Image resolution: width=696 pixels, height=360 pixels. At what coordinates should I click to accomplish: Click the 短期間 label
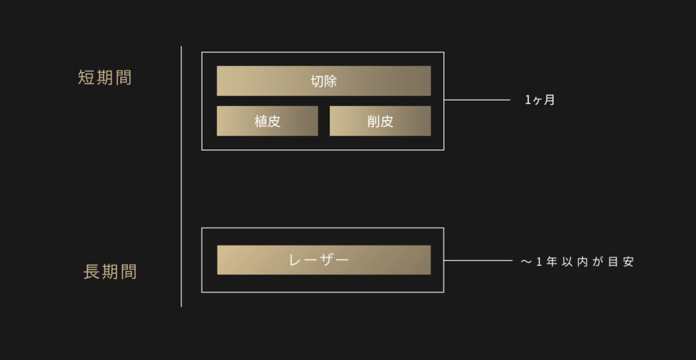coord(105,77)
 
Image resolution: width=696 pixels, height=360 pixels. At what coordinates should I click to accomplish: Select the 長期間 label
coord(110,272)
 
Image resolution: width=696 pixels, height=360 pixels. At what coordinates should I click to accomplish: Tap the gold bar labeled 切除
coord(324,81)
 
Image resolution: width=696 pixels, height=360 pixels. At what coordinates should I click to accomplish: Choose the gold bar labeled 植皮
coord(267,121)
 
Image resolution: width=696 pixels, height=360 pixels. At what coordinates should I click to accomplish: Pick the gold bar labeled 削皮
coord(380,121)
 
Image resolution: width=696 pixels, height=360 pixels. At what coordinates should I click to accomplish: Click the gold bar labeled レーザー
coord(324,259)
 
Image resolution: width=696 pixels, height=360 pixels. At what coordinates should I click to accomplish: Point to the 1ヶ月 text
coord(540,101)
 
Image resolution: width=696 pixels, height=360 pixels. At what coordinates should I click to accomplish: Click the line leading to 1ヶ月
coord(477,100)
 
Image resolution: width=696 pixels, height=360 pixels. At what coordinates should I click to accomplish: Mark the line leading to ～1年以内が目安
coord(478,261)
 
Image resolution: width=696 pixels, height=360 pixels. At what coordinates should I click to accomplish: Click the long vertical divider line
coord(181,176)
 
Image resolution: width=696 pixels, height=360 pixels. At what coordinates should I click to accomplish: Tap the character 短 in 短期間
coord(86,77)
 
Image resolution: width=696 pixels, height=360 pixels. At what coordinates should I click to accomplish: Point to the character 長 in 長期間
coord(92,272)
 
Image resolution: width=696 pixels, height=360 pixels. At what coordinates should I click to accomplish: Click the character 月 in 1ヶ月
coord(549,101)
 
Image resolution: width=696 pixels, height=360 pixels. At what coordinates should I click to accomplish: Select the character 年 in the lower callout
coord(552,262)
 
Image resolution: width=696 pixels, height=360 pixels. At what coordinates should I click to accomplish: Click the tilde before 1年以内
coord(526,262)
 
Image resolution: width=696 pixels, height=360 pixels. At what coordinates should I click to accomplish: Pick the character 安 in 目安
coord(628,262)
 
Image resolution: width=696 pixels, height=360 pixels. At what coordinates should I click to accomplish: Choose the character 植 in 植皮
coord(260,122)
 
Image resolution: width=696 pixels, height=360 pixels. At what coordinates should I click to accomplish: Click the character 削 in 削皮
coord(373,122)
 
